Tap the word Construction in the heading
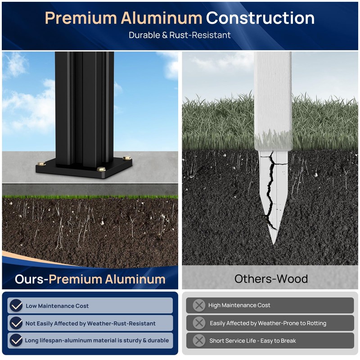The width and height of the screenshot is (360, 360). pos(260,18)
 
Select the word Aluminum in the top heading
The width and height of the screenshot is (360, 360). pos(161,18)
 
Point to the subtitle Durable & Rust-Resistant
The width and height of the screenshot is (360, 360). pos(180,35)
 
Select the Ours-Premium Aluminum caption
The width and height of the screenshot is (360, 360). pos(90,279)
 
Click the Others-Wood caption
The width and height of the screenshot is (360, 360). pos(271,279)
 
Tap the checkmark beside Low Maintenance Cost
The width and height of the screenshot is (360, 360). pos(17,306)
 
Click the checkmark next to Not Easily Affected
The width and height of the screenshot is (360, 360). pos(17,323)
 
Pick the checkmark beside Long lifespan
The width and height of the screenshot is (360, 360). pos(17,341)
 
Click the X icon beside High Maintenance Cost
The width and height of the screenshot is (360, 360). pos(199,306)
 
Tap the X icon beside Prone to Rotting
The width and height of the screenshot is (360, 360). pos(199,323)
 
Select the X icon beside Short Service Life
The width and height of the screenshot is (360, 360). pos(199,341)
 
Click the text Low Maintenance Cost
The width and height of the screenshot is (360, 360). pos(57,306)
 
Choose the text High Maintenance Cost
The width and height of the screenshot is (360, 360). pos(239,306)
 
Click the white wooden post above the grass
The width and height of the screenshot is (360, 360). pos(272,90)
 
